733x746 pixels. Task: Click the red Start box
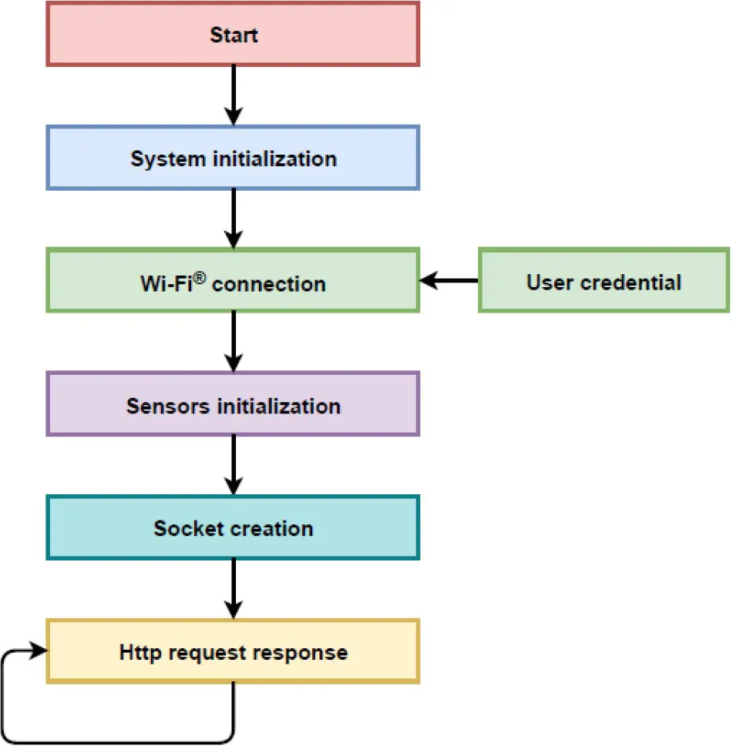click(233, 34)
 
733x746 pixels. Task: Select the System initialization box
click(233, 159)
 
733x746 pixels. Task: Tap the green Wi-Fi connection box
click(233, 281)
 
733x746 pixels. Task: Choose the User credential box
click(604, 281)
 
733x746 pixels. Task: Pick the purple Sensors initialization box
click(233, 405)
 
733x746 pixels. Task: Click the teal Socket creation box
click(233, 528)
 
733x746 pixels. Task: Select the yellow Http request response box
click(233, 652)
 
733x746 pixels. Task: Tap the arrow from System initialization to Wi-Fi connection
click(233, 219)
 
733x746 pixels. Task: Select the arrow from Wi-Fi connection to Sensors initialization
click(233, 342)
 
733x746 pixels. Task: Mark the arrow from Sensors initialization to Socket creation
click(233, 465)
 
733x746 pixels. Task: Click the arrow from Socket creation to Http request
click(233, 589)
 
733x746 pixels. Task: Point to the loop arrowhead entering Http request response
click(37, 651)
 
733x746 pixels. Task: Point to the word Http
click(140, 653)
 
